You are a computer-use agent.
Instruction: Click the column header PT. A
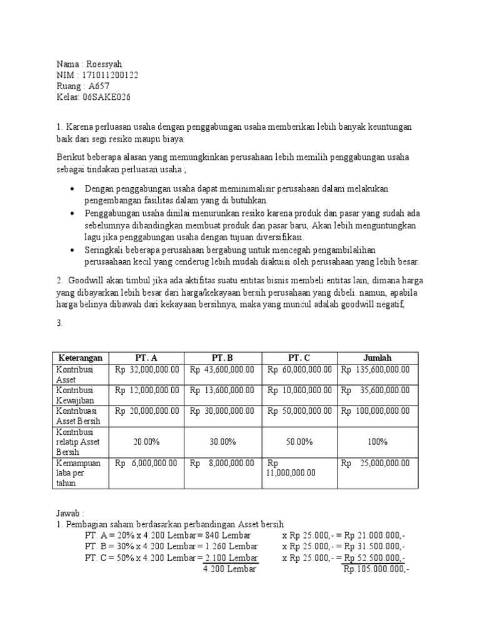(x=147, y=358)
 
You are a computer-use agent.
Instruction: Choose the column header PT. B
(x=222, y=358)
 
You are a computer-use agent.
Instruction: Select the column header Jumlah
(x=377, y=358)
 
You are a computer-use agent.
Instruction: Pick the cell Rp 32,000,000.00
(x=147, y=369)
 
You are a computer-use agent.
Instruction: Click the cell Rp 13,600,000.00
(x=222, y=390)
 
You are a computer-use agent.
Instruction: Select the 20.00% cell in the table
(x=147, y=442)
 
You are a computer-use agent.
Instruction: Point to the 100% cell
(x=377, y=442)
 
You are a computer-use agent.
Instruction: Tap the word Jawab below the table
(x=68, y=513)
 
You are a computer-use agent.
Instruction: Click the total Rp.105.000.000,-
(x=376, y=569)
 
